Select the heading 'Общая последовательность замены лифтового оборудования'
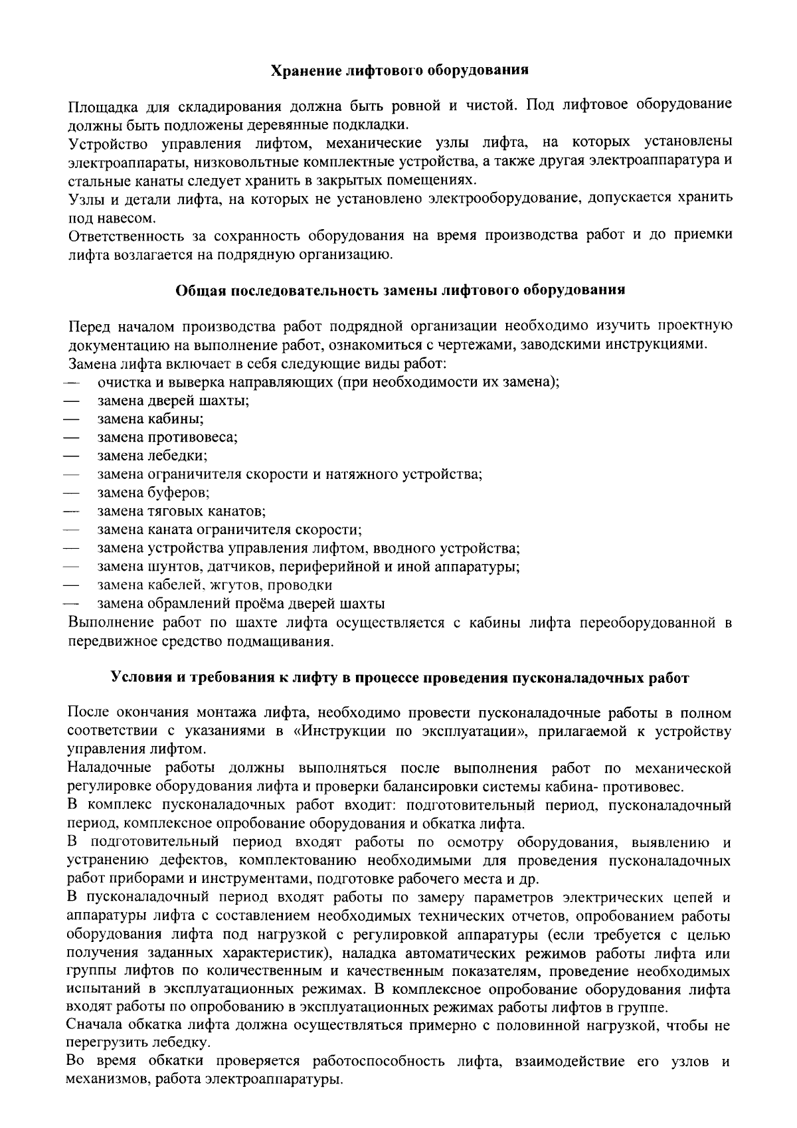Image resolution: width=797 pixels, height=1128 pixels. point(400,290)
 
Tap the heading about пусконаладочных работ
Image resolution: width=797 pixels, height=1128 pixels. point(399,678)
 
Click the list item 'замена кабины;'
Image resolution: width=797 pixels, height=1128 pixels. point(150,419)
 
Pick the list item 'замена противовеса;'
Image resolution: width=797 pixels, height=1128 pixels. point(167,438)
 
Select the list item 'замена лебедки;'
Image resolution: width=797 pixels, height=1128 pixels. point(152,456)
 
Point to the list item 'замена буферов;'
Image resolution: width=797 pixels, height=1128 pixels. point(153,493)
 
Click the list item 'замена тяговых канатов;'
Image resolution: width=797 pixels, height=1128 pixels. point(181,512)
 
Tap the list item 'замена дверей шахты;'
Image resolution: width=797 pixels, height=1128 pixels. point(173,401)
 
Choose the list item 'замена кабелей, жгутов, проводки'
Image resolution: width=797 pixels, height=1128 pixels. point(215,585)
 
